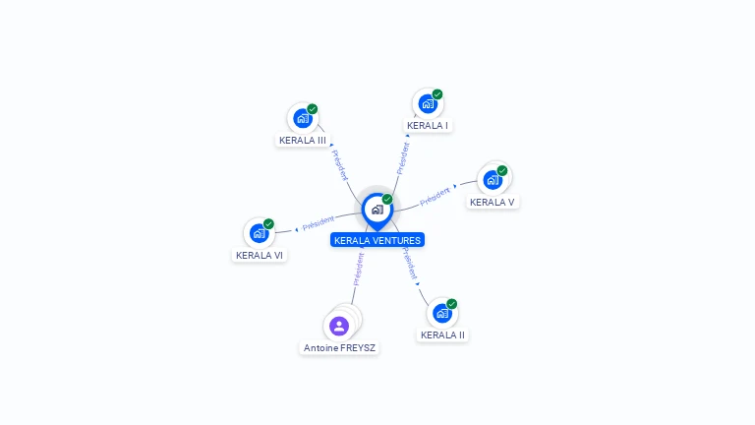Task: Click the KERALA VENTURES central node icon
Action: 377,210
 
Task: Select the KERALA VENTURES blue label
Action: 377,240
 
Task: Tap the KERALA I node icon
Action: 427,103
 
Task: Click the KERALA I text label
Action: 428,126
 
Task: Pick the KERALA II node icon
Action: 442,313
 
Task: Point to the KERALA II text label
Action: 442,335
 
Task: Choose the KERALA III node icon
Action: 303,118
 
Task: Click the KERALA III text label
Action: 303,141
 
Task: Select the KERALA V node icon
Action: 493,180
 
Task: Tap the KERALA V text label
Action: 493,203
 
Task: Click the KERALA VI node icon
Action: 259,233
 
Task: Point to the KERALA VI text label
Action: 260,256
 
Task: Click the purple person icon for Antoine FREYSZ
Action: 339,326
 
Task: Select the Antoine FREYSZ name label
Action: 340,348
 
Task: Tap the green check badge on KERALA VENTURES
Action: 387,199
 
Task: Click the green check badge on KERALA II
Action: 452,303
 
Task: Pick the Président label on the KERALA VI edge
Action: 319,223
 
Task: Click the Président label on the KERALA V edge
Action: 436,197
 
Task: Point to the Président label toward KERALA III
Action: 339,164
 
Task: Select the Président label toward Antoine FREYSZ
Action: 359,269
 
